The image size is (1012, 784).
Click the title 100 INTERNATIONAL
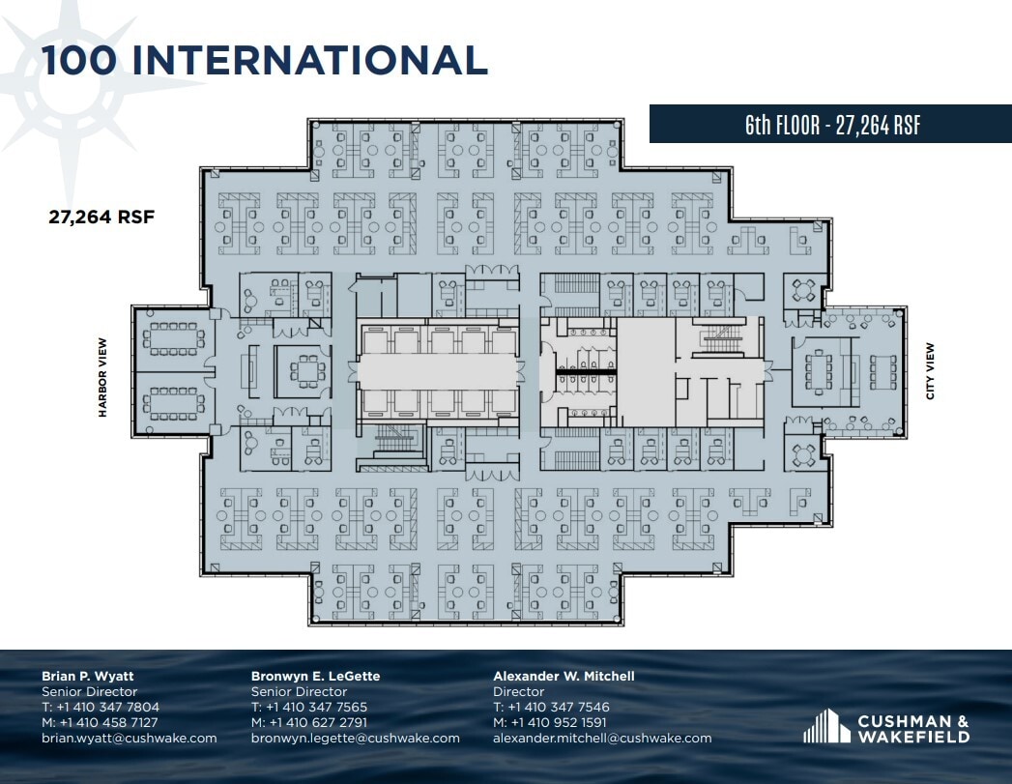264,60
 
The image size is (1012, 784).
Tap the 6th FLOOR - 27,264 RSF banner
831,125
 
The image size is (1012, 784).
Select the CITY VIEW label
930,371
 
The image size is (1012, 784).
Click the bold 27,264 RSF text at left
101,218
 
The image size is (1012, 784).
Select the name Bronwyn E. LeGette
315,676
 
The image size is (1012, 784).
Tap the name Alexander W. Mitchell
564,676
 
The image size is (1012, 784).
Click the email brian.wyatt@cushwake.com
129,738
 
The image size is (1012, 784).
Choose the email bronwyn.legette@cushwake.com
355,738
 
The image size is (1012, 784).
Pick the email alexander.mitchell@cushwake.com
602,738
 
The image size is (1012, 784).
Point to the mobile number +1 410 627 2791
318,722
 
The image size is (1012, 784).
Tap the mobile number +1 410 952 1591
559,722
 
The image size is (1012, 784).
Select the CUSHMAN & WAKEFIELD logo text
912,730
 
